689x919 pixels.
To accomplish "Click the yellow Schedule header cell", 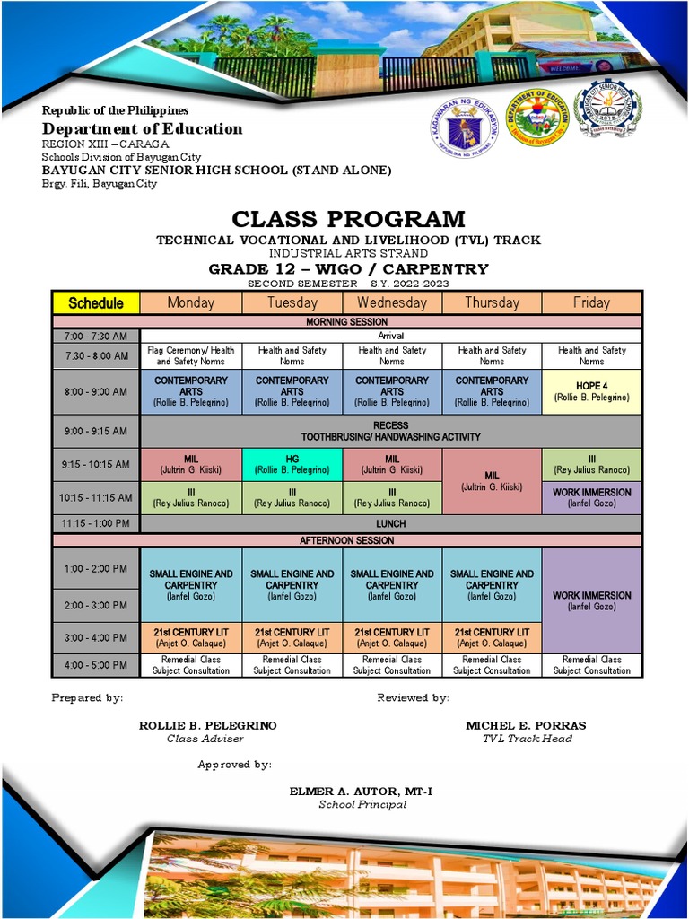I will click(96, 303).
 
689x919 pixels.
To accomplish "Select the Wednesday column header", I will click(391, 303).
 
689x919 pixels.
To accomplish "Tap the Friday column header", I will click(591, 303).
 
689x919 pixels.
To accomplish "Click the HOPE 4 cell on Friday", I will click(591, 391).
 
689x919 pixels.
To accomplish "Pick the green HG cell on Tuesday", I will click(292, 464).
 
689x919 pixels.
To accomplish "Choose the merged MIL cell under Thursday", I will click(492, 480).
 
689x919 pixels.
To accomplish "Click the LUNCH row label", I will click(391, 523).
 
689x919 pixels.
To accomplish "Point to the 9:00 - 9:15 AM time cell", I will click(96, 431).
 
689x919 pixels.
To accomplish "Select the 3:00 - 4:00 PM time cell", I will click(96, 638).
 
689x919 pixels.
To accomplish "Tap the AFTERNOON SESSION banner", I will click(346, 541).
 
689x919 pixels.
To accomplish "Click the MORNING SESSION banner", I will click(346, 321).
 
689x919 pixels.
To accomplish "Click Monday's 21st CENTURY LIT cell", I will click(191, 637).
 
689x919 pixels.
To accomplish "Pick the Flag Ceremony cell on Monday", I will click(191, 356).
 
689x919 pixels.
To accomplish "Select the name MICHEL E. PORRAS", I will click(526, 725).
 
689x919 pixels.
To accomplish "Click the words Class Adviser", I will click(205, 739).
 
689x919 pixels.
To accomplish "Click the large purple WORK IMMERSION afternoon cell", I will click(591, 600).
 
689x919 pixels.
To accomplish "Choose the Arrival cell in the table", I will click(391, 336).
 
